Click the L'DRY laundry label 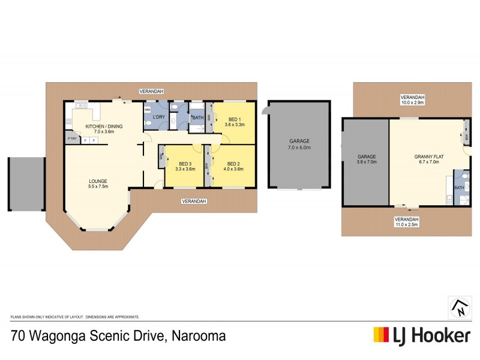(159, 116)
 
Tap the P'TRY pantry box (72, 139)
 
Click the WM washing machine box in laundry (148, 110)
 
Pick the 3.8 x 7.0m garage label (366, 161)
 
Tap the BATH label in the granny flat (459, 188)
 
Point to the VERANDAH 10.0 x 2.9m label (412, 100)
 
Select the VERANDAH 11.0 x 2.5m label (406, 222)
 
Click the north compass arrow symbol (459, 307)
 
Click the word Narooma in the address (199, 335)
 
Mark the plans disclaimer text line (75, 316)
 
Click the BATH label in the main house (197, 118)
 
